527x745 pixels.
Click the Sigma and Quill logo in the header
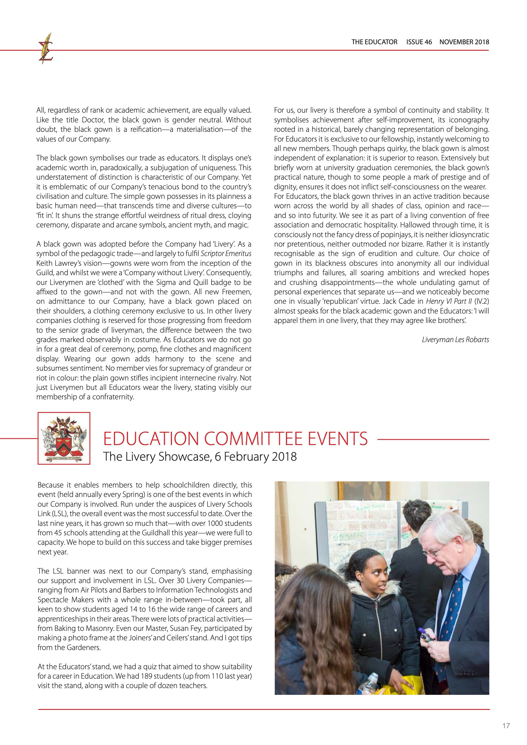tap(46, 48)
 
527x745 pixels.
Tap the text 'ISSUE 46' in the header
tap(419, 42)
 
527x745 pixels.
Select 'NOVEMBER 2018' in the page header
tap(464, 42)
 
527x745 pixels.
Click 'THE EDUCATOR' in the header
tap(374, 42)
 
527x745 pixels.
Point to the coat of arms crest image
tap(64, 438)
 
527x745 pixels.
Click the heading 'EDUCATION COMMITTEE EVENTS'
tap(235, 439)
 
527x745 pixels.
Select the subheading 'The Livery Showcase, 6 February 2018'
tap(200, 457)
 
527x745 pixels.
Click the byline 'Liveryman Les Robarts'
tap(455, 340)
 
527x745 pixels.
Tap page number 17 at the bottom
tap(506, 726)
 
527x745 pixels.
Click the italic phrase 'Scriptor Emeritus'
tap(226, 254)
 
